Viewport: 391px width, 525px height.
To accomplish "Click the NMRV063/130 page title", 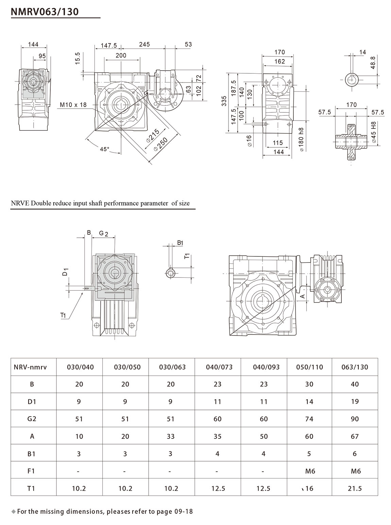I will pos(45,12).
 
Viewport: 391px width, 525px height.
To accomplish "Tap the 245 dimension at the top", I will pos(144,44).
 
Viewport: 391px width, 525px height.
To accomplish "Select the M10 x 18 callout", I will pos(73,105).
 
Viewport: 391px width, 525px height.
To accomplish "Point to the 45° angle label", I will pos(104,149).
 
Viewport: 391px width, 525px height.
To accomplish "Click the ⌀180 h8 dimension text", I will pos(301,139).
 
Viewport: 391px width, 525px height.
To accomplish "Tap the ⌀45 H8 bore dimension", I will pos(374,132).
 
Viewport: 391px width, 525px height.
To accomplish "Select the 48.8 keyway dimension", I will pos(373,63).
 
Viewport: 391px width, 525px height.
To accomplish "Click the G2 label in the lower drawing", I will pos(103,233).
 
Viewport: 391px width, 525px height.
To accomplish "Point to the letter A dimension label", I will pos(303,296).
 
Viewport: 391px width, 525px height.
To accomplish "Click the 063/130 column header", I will pos(355,367).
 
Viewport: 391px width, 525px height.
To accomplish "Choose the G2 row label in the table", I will pos(32,419).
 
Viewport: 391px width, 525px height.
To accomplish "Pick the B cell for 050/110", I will pos(309,384).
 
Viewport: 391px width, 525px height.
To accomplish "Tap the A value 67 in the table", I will pos(355,436).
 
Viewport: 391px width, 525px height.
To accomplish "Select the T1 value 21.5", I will pos(355,488).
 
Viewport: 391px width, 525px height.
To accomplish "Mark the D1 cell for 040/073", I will pos(218,402).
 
